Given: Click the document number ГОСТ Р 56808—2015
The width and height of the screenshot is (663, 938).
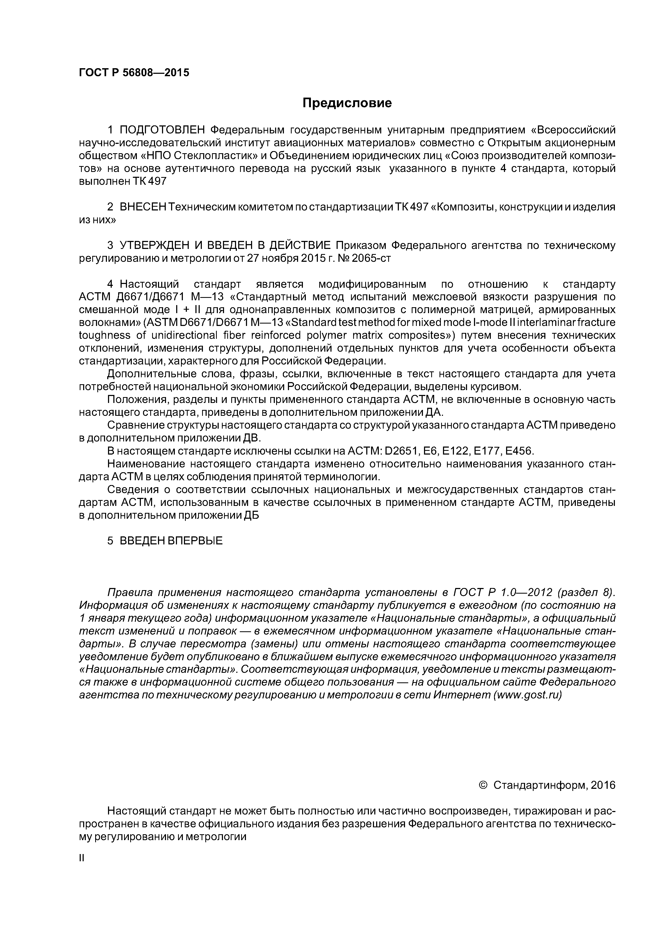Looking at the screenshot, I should click(x=134, y=73).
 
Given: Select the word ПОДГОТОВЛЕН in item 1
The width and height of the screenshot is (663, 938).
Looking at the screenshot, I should click(x=162, y=130).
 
